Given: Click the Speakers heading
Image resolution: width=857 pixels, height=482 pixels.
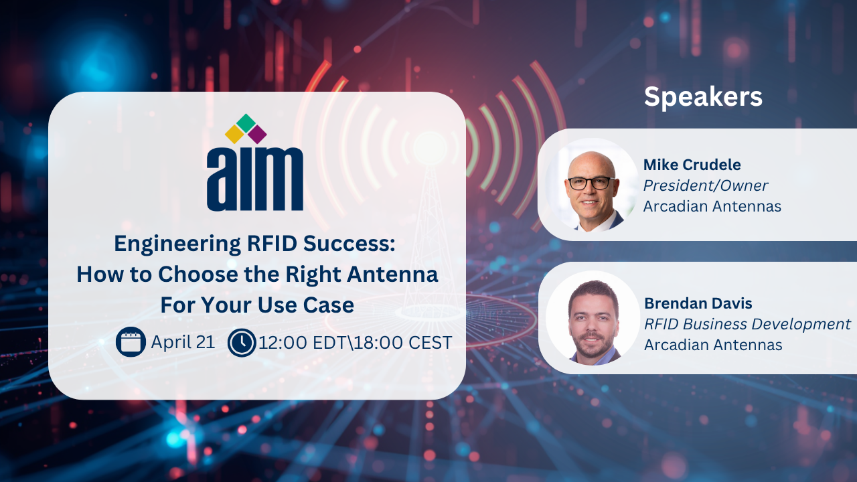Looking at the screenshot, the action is click(x=703, y=97).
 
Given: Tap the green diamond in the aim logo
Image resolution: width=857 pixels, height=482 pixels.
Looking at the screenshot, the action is click(x=246, y=123).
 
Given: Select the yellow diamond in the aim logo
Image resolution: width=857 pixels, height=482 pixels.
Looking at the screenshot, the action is click(x=234, y=134).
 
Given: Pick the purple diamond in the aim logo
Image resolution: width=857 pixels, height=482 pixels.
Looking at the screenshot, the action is click(x=257, y=135).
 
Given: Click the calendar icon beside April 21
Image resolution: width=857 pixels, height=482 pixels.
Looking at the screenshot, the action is click(x=131, y=341).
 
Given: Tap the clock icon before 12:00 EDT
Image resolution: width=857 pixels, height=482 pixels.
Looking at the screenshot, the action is click(x=242, y=342).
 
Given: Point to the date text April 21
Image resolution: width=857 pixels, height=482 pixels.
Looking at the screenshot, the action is click(x=183, y=342).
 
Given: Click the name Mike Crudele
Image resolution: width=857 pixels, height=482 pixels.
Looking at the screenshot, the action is click(x=692, y=165).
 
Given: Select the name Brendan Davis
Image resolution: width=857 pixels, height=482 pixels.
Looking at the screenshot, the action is click(x=698, y=303).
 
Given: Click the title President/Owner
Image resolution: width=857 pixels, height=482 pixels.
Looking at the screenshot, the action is click(x=706, y=185).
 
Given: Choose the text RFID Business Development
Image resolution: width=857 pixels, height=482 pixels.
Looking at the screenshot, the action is click(x=747, y=325).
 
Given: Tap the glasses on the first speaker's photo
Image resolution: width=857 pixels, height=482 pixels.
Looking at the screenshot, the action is click(x=591, y=183).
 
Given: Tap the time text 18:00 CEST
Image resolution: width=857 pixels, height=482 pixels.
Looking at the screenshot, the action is click(x=403, y=342).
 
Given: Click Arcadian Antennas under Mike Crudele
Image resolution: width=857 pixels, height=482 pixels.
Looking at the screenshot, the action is click(x=712, y=206).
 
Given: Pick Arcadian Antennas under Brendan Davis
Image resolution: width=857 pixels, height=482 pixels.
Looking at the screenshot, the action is click(x=713, y=345).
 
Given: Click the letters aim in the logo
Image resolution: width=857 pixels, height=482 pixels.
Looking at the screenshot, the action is click(x=255, y=178).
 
